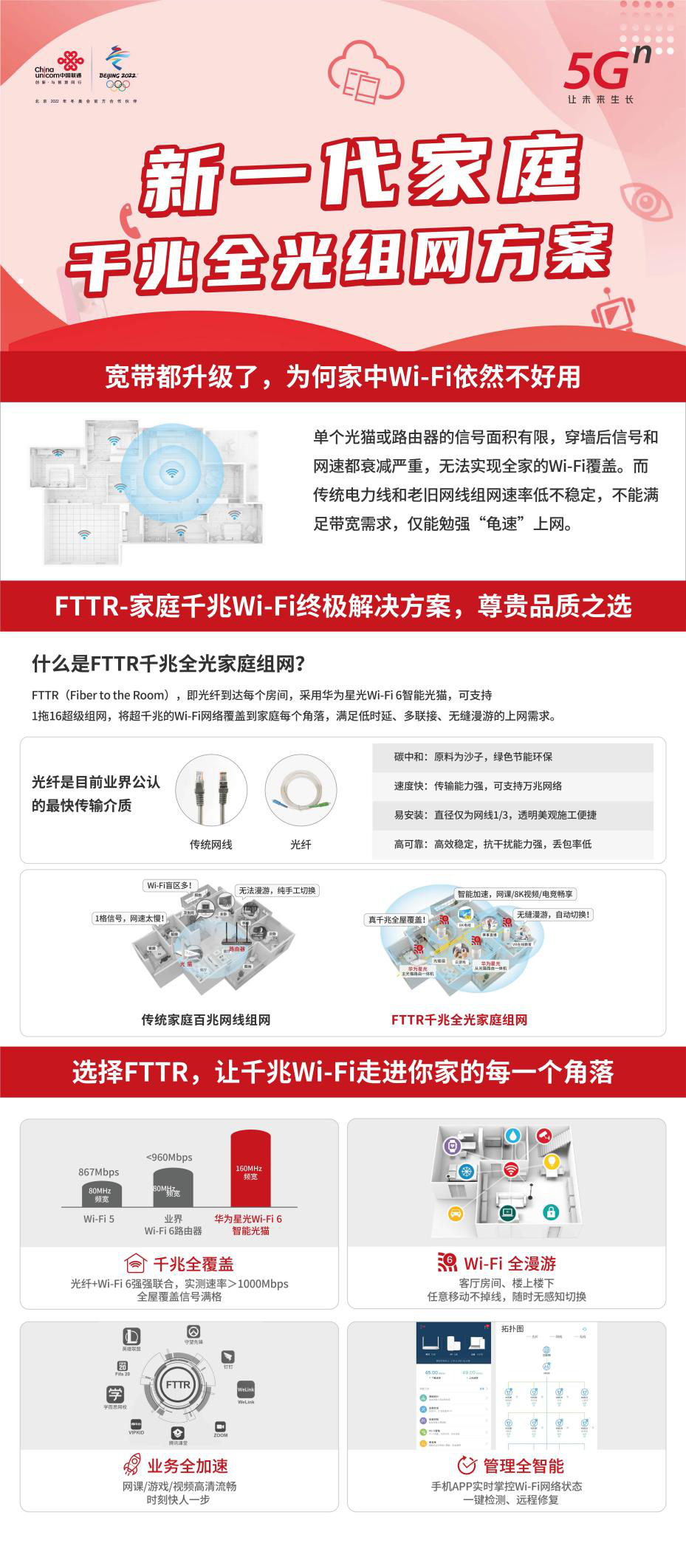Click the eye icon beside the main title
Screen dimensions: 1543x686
[x=646, y=200]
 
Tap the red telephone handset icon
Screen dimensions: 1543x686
[x=128, y=222]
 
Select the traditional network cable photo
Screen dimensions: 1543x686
[x=210, y=790]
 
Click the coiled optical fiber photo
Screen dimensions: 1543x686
[x=301, y=790]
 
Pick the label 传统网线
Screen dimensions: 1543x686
[x=210, y=844]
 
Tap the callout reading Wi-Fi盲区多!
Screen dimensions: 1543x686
[x=170, y=885]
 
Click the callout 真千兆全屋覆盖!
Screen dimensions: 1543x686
[x=397, y=920]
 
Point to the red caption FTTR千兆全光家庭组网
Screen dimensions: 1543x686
[x=459, y=1020]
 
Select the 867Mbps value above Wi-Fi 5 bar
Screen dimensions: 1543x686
[x=99, y=1172]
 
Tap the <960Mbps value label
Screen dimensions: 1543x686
[x=169, y=1157]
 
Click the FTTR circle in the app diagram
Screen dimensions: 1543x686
[x=178, y=1385]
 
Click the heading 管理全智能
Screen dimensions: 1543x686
[x=523, y=1465]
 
